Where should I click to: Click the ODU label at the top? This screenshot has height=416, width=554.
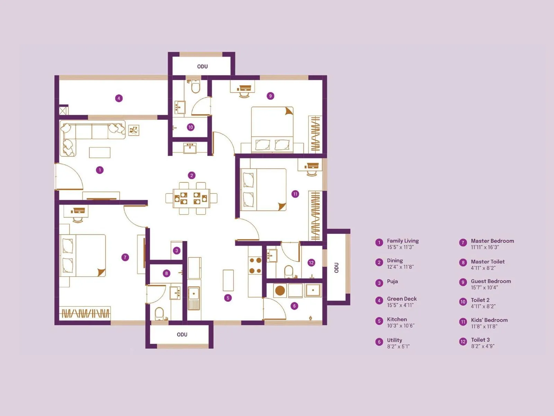(x=203, y=67)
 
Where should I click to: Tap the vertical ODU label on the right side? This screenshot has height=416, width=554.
(x=336, y=268)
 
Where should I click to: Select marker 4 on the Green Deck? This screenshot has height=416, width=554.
(x=119, y=98)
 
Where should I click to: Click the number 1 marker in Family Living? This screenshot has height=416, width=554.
(x=100, y=170)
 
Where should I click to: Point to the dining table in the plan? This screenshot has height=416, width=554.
(x=191, y=198)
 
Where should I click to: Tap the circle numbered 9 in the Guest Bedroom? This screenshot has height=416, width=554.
(x=270, y=96)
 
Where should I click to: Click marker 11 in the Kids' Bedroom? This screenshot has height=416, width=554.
(x=295, y=194)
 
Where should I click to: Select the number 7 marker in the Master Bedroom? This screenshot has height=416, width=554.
(x=125, y=257)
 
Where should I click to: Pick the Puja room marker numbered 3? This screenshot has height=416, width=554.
(x=177, y=251)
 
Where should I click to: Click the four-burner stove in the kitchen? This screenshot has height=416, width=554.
(x=256, y=266)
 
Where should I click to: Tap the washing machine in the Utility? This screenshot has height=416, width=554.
(x=280, y=291)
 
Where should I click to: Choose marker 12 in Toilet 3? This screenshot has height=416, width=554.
(x=311, y=263)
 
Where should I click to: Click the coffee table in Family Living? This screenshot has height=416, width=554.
(x=100, y=153)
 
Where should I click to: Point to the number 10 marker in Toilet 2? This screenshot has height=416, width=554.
(x=190, y=127)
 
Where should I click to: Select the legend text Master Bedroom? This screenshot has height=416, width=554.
(x=492, y=241)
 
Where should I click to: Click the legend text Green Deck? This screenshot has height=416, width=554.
(x=402, y=299)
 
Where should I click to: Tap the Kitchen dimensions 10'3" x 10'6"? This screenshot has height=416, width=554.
(x=401, y=326)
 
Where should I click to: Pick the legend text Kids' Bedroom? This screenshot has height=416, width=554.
(x=489, y=320)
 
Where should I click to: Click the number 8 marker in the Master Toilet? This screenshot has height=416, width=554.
(x=167, y=274)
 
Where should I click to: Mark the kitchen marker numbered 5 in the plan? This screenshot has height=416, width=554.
(x=228, y=298)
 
